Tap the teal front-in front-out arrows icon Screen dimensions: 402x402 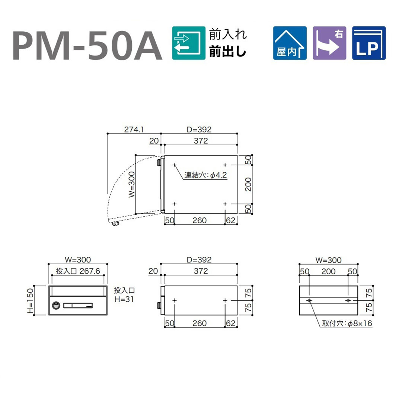189,43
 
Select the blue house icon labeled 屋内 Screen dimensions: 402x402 290,43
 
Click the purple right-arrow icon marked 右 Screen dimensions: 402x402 329,43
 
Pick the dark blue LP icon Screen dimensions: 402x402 369,43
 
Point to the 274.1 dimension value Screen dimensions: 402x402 134,130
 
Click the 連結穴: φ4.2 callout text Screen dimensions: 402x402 205,175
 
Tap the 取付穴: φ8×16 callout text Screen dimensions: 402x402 347,323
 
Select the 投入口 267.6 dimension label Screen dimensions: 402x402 78,271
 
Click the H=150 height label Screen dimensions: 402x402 30,300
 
